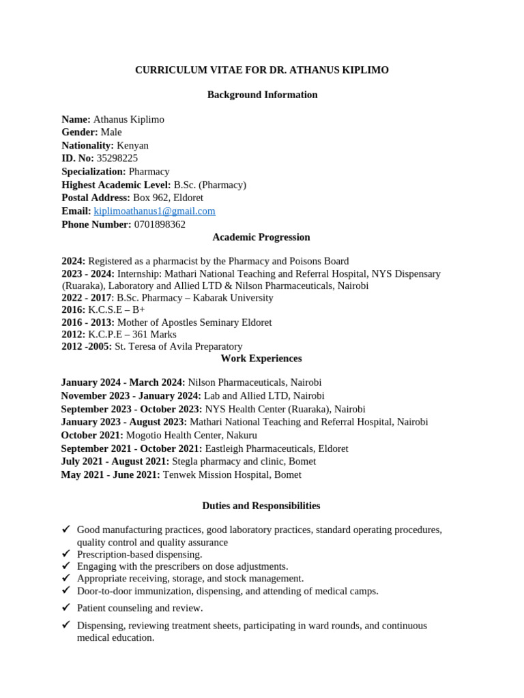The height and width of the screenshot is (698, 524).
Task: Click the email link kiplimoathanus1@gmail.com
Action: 154,211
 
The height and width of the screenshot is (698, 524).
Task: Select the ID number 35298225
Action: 117,158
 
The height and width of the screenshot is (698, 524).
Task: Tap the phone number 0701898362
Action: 159,224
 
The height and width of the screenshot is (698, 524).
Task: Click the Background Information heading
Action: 262,95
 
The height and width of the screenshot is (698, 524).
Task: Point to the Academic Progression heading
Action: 261,237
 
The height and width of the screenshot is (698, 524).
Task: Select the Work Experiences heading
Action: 261,359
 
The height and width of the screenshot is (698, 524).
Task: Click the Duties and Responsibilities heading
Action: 261,506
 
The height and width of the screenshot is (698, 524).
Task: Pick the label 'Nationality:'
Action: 87,145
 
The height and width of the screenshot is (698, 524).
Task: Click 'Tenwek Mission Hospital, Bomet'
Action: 231,474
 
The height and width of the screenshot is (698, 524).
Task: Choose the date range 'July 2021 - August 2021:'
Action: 115,461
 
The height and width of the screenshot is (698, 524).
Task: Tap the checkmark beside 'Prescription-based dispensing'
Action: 66,554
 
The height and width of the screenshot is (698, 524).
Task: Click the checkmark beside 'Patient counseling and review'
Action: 66,607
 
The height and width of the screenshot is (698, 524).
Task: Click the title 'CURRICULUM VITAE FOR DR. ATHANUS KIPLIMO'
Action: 262,70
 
